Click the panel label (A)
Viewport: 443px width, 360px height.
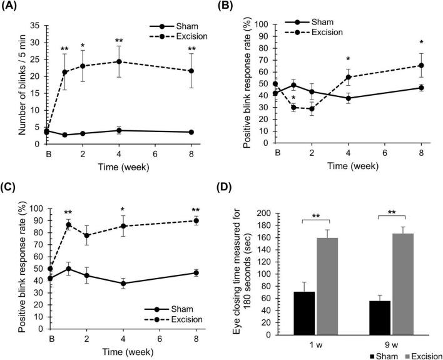pyautogui.click(x=13, y=7)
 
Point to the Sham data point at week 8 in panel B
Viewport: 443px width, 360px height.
pyautogui.click(x=422, y=88)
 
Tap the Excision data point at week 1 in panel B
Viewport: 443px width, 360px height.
pyautogui.click(x=293, y=107)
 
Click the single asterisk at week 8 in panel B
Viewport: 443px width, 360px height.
pyautogui.click(x=422, y=43)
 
